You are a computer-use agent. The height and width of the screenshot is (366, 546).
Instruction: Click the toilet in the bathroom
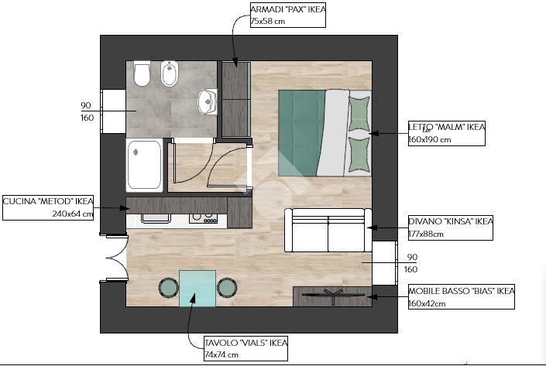click(142, 74)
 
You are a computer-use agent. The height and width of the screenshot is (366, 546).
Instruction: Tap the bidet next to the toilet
click(170, 74)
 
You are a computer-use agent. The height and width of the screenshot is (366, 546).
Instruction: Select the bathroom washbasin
click(208, 101)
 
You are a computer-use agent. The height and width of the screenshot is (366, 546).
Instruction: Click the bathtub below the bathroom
click(144, 165)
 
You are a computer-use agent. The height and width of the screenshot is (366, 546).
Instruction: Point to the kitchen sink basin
click(156, 218)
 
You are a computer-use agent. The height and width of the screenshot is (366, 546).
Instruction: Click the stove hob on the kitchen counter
click(204, 218)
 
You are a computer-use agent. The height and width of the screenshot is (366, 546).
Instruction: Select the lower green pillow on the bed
click(359, 155)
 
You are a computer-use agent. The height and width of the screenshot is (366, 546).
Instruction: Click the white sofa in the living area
click(328, 230)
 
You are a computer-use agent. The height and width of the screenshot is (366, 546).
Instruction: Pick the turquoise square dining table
click(197, 289)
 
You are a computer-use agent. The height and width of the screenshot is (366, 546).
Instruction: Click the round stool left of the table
click(169, 288)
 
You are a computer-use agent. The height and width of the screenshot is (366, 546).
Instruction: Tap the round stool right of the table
click(227, 288)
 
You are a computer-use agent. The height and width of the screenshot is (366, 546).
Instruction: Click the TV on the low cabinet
click(333, 295)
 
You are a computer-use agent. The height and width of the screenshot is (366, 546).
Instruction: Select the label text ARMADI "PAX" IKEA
click(288, 9)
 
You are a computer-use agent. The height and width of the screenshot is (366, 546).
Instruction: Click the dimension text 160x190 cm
click(429, 140)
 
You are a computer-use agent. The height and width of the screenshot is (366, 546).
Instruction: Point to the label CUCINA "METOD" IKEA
click(48, 201)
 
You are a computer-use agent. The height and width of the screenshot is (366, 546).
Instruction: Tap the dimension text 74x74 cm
click(221, 355)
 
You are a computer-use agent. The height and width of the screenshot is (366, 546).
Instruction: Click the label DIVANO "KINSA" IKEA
click(451, 221)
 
